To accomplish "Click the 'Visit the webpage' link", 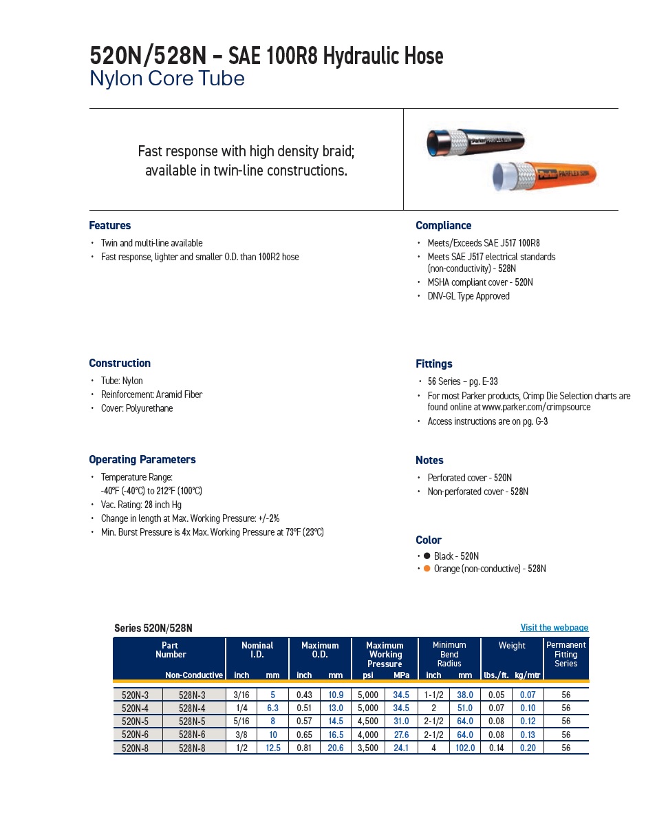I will tap(554, 627).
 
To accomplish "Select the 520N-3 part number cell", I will tap(138, 695).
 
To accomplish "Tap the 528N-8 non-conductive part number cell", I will tap(192, 748).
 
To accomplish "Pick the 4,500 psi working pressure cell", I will tap(368, 721).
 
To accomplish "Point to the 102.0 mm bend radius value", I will tap(465, 748).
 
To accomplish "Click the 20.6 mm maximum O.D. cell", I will tap(336, 748).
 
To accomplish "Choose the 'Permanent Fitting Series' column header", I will tap(566, 654).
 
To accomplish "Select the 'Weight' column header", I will tap(512, 646).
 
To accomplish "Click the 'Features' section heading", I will tap(109, 226).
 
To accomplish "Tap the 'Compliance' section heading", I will tap(443, 226).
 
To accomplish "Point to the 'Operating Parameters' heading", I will tap(142, 460).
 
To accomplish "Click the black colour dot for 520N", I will tap(427, 556).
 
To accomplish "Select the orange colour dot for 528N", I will tap(427, 569).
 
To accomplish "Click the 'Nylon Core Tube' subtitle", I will tap(166, 79).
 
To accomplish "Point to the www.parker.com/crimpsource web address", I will tap(536, 407).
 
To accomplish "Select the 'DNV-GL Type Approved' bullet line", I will tap(468, 296).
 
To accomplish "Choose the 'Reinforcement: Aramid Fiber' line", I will tap(151, 394).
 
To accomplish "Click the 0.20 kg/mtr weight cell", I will tap(528, 748).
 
